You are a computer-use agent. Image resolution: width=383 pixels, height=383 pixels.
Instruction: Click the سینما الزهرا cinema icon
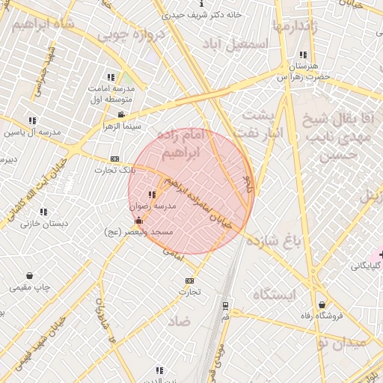(121, 114)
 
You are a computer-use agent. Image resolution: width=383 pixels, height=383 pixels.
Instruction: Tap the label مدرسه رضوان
(153, 205)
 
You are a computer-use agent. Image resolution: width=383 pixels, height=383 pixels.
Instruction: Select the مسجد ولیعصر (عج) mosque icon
(138, 221)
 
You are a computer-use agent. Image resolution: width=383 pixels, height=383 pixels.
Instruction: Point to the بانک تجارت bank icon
(114, 159)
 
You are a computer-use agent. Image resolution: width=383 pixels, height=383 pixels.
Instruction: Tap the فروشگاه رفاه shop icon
(322, 304)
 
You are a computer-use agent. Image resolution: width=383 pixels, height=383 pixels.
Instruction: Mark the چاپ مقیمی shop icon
(29, 276)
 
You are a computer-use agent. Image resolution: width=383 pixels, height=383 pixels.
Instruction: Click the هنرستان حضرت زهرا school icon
(303, 55)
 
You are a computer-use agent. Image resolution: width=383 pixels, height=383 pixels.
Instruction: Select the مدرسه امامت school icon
(111, 77)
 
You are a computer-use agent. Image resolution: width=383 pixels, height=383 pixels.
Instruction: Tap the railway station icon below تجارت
(225, 305)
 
